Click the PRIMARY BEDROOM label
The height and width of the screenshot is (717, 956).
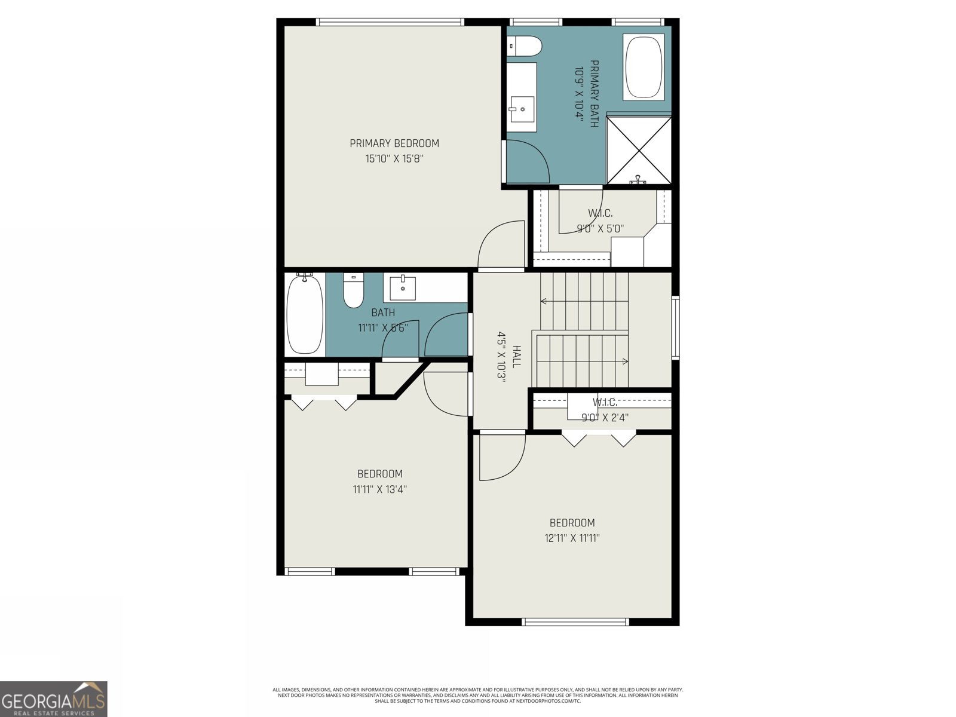394,143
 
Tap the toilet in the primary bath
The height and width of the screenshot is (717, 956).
525,46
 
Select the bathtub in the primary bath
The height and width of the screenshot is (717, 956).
644,67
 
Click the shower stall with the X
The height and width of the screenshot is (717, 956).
639,150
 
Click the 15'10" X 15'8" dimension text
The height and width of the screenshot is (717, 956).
394,159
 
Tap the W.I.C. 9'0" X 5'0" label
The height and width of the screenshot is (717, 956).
600,220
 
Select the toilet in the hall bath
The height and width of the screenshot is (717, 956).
353,290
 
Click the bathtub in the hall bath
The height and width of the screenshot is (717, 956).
305,314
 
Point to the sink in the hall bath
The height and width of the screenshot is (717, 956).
403,287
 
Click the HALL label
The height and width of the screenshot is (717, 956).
516,357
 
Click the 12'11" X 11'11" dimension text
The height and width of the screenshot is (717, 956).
572,538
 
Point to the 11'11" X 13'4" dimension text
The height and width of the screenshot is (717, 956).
380,489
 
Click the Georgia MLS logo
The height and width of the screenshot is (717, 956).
54,698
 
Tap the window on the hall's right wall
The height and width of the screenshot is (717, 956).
676,327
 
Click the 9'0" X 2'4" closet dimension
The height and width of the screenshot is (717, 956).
605,418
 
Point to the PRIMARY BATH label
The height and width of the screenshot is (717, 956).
594,94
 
